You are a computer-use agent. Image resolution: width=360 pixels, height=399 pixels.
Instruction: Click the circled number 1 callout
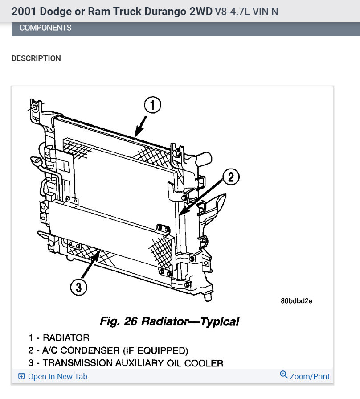pos(151,106)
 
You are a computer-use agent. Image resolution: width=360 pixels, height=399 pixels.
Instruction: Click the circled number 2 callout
pos(230,177)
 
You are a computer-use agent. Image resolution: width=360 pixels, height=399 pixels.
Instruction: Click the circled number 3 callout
pos(79,288)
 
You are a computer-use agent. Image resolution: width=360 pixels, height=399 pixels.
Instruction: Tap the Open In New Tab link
pos(57,377)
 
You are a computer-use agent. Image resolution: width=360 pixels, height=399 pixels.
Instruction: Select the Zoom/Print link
pos(310,377)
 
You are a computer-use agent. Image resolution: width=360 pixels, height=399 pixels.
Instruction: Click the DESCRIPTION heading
pos(36,58)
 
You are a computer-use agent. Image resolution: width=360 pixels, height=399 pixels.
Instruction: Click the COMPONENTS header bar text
pos(45,28)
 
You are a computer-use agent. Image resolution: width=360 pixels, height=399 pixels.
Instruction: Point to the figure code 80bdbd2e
pos(296,300)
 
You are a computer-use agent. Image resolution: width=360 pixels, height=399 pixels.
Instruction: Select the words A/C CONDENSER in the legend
pos(94,350)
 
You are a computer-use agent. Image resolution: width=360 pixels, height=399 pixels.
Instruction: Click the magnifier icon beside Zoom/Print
pos(284,374)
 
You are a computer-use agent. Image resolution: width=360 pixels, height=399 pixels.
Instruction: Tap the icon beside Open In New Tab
pos(21,377)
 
